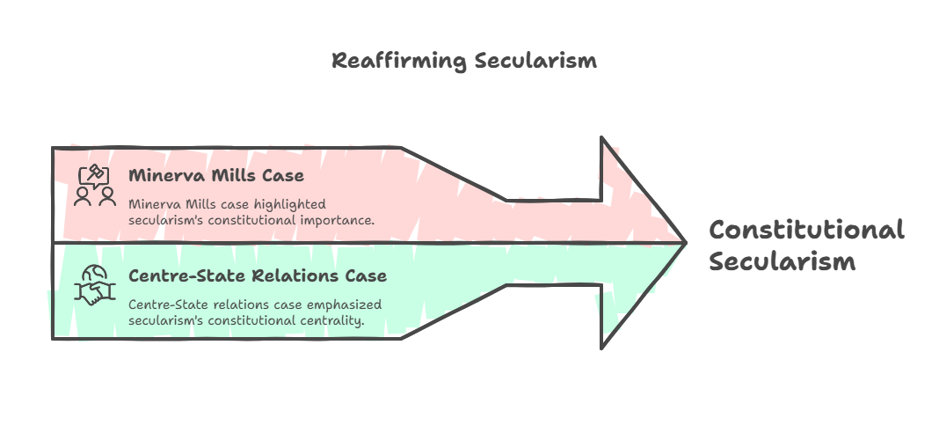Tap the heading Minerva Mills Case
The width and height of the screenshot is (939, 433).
click(216, 175)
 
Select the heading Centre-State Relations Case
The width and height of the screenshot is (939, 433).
click(258, 275)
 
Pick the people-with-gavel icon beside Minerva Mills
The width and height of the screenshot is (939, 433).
click(95, 186)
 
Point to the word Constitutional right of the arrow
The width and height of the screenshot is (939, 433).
click(806, 230)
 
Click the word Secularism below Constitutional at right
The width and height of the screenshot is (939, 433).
click(782, 262)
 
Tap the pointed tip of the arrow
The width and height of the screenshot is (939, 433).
click(686, 242)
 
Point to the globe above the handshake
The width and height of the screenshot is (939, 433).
click(94, 275)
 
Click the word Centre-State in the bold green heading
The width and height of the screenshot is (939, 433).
click(187, 275)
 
